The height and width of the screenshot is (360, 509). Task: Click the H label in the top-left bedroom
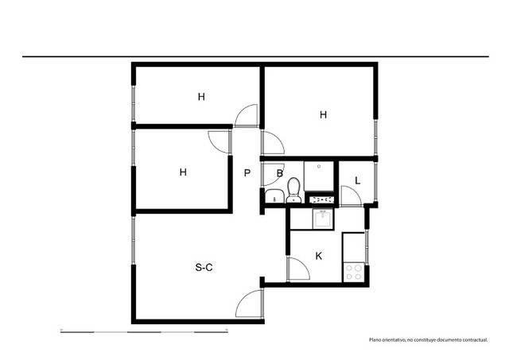tap(202, 97)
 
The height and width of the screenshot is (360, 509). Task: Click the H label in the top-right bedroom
tap(323, 114)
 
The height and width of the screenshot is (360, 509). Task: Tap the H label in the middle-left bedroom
tap(183, 172)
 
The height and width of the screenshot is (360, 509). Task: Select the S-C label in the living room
tap(204, 268)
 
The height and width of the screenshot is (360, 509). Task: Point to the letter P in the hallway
tap(247, 173)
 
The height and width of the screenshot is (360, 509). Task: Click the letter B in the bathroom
tap(280, 173)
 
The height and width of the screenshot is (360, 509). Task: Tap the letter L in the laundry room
tap(358, 180)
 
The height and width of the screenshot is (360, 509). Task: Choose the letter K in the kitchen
tap(319, 256)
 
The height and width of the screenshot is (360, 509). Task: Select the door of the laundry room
tap(349, 195)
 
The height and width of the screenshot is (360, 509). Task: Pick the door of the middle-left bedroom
tap(219, 141)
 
